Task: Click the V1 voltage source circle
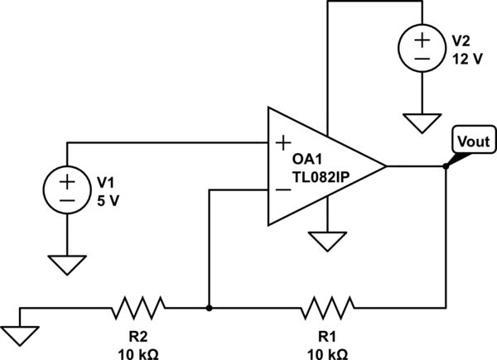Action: (x=67, y=190)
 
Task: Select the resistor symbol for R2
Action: (x=138, y=309)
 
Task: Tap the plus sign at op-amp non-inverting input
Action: (x=282, y=143)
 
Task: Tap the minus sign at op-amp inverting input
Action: (x=282, y=190)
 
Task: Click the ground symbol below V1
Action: (x=67, y=264)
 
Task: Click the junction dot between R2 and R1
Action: (x=210, y=309)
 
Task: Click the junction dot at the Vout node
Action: (x=445, y=166)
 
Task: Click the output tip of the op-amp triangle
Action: (x=386, y=166)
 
